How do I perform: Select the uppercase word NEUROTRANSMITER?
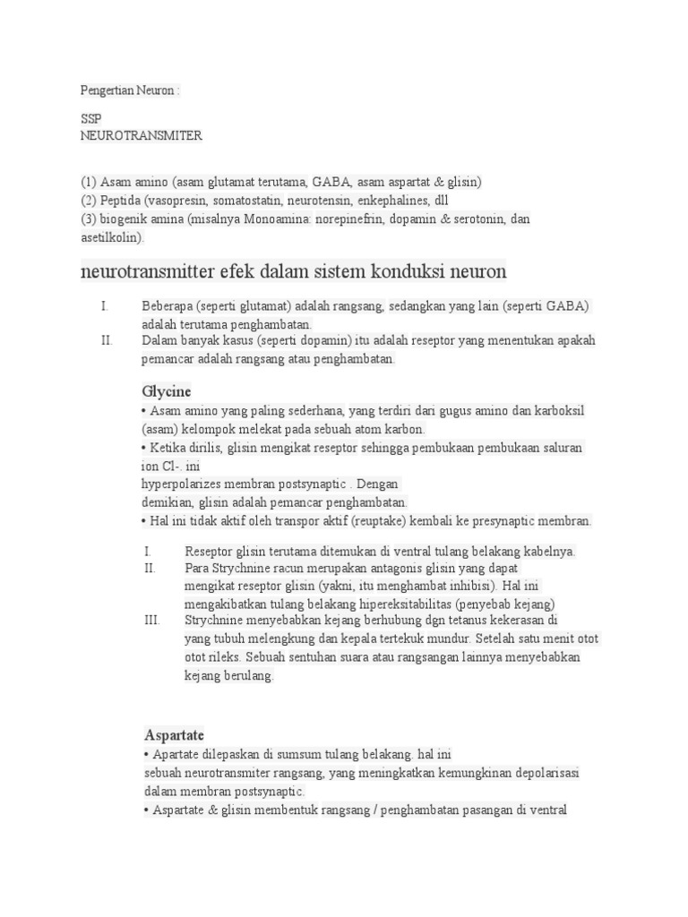[x=142, y=136]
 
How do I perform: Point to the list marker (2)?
[x=89, y=201]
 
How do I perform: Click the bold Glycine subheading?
[x=167, y=391]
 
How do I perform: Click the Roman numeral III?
[x=151, y=620]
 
